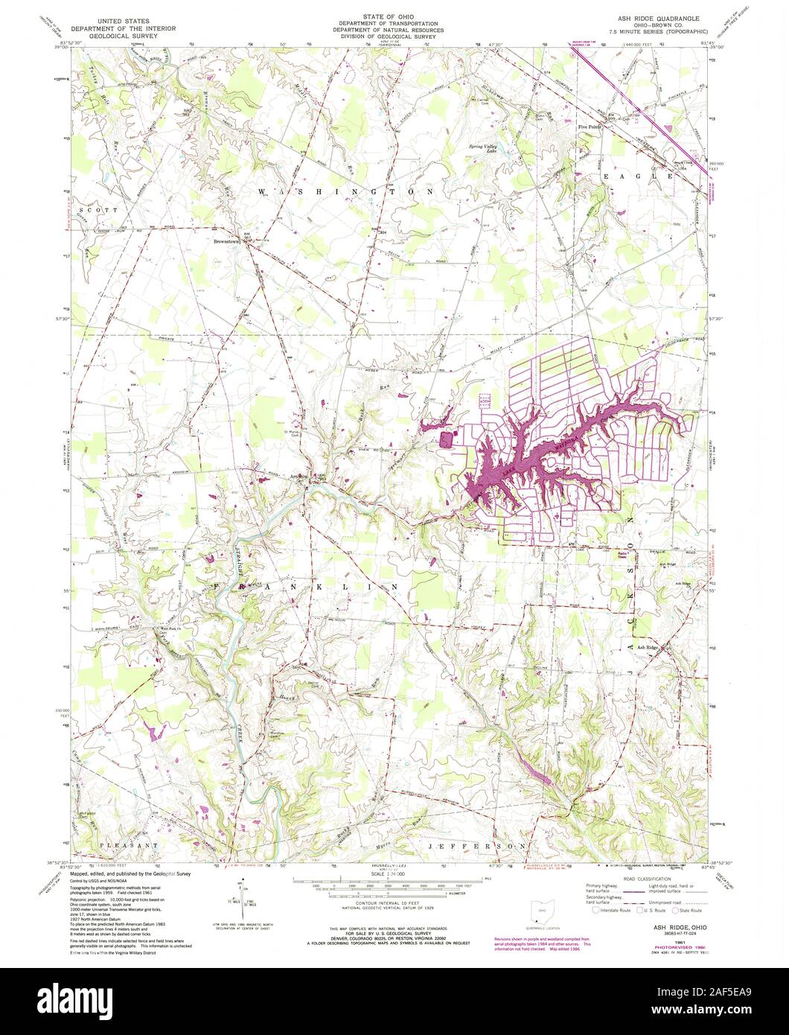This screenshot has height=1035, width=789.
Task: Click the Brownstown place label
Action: [x=225, y=242]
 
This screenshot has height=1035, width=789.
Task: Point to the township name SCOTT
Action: [x=102, y=211]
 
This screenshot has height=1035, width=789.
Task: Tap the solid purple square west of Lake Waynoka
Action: [x=447, y=439]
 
